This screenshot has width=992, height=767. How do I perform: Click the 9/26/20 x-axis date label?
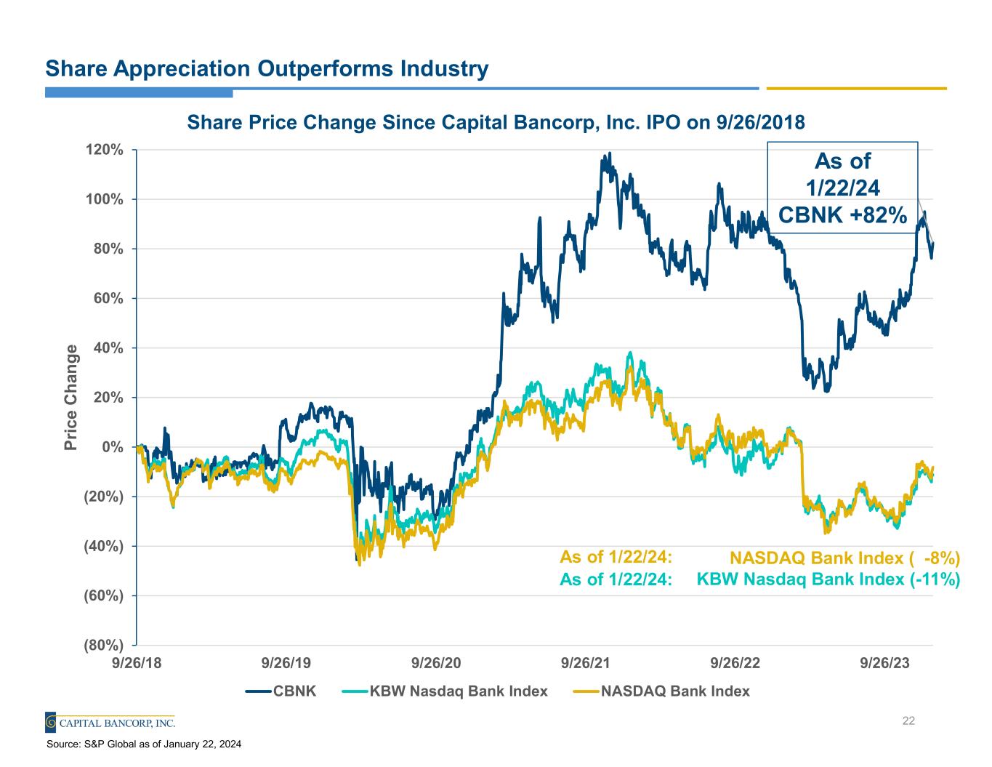[436, 663]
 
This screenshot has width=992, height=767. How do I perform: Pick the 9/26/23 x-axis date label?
[884, 663]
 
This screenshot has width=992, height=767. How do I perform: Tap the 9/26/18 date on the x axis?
[136, 663]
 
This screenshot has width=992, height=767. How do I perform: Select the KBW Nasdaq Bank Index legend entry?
[445, 691]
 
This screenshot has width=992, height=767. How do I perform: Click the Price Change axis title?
[71, 397]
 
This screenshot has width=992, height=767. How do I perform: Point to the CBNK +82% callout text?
[842, 215]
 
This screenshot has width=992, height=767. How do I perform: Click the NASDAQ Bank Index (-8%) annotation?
[844, 558]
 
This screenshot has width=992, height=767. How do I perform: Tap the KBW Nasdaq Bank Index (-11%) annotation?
[828, 579]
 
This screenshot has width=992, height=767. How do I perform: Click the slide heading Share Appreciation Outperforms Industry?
[267, 69]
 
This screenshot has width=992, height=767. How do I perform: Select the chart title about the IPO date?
[496, 122]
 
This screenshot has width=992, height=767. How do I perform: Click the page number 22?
[908, 721]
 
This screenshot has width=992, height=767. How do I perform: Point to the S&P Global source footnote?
[144, 744]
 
